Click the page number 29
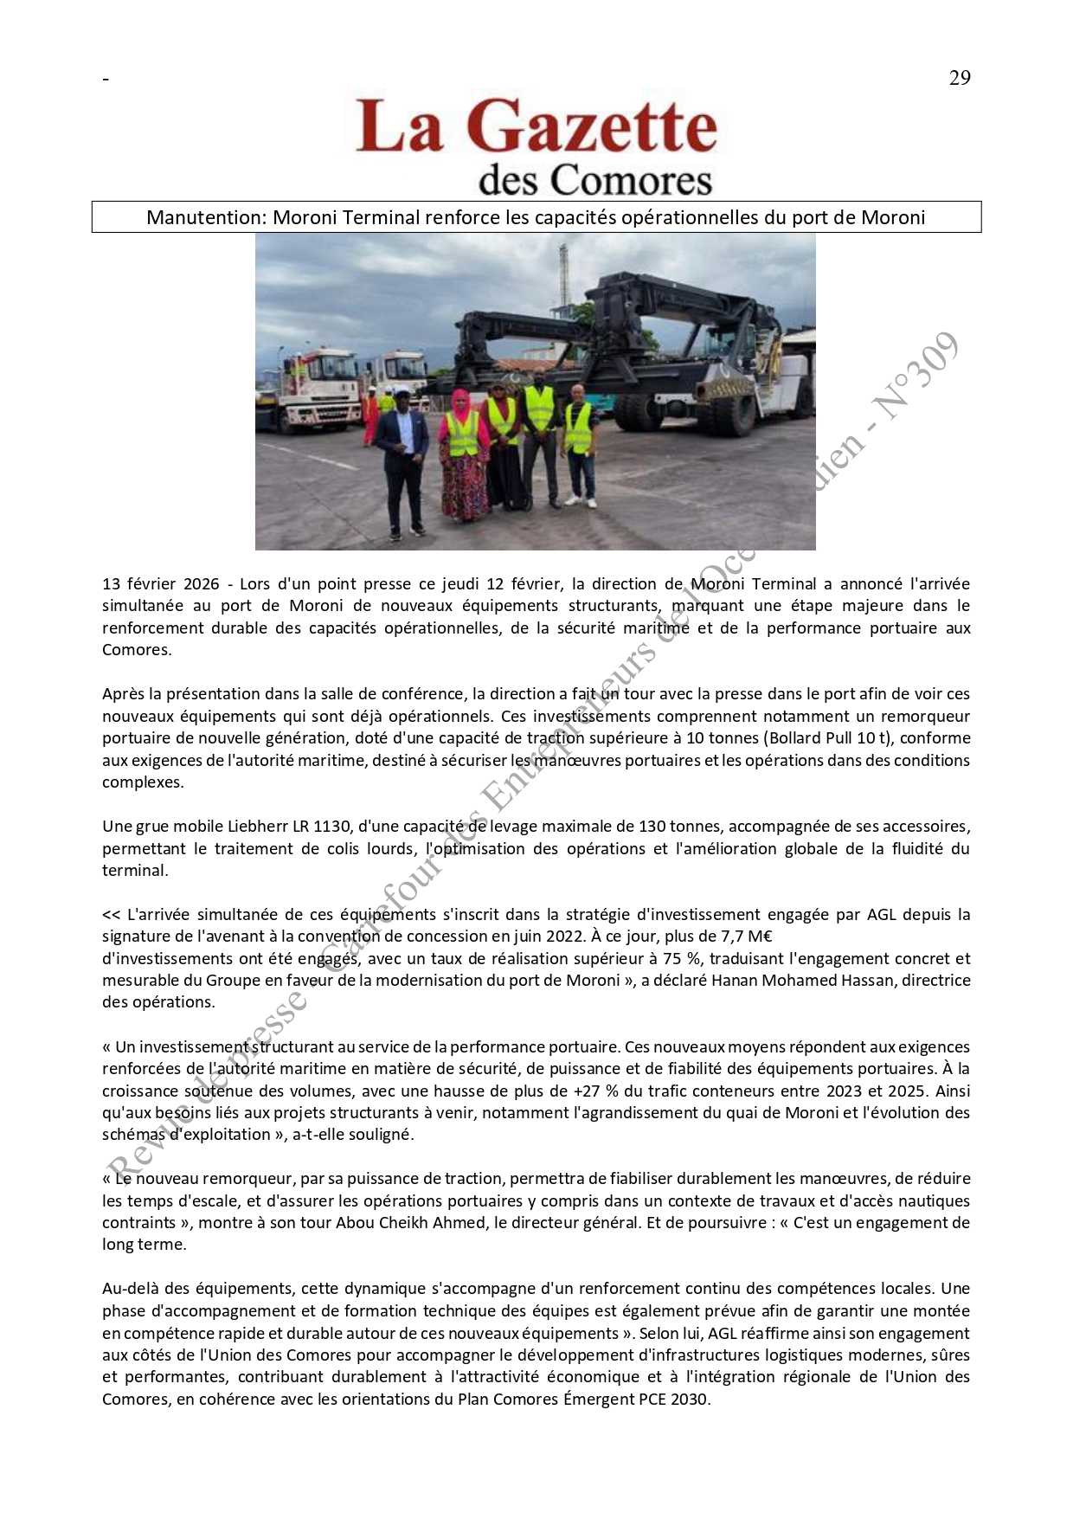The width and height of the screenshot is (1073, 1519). pos(960,78)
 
